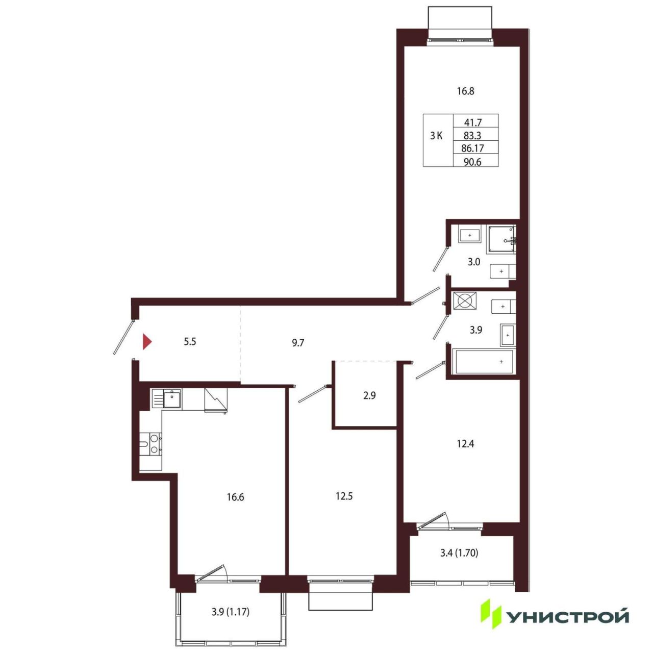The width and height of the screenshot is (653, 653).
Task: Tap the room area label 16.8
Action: pyautogui.click(x=465, y=91)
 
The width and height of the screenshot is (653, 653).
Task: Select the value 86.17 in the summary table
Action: pyautogui.click(x=472, y=148)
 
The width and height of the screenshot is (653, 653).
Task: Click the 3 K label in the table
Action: pyautogui.click(x=436, y=136)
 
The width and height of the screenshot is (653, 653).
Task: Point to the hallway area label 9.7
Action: pyautogui.click(x=298, y=343)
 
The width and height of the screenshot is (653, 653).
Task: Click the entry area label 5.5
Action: pyautogui.click(x=190, y=342)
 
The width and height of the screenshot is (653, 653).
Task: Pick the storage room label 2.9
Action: pyautogui.click(x=369, y=395)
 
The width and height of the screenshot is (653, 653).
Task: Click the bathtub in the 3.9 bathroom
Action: pyautogui.click(x=484, y=362)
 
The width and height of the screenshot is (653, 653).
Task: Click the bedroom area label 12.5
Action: pyautogui.click(x=344, y=496)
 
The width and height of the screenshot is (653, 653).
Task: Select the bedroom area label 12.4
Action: pyautogui.click(x=465, y=443)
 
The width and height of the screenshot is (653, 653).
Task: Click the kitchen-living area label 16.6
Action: pyautogui.click(x=236, y=497)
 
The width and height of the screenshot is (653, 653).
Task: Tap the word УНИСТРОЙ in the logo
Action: pyautogui.click(x=568, y=617)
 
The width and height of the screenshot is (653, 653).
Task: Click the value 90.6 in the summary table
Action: pyautogui.click(x=472, y=162)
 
